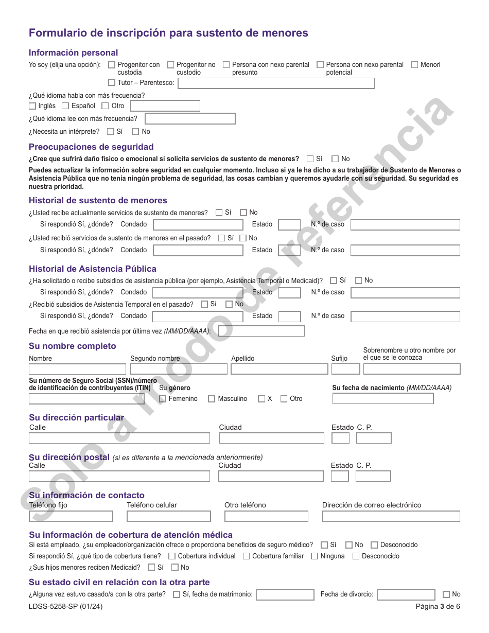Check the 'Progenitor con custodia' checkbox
click(112, 65)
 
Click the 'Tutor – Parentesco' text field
click(276, 83)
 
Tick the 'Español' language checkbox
click(65, 106)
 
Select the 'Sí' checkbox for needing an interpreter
click(110, 132)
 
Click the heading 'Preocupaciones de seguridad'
click(91, 147)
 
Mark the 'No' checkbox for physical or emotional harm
click(335, 159)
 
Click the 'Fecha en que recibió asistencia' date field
click(261, 331)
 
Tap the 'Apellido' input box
click(279, 369)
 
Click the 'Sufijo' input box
click(345, 369)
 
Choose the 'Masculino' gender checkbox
click(212, 399)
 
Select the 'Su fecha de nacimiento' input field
click(382, 399)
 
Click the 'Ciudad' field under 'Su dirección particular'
click(271, 438)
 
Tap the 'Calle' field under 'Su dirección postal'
click(119, 477)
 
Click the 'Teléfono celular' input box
click(168, 516)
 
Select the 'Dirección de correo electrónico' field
click(391, 516)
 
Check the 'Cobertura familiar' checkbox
click(247, 556)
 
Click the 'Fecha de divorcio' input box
click(406, 595)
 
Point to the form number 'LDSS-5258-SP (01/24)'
click(65, 607)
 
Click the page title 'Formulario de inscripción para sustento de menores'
click(168, 33)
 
